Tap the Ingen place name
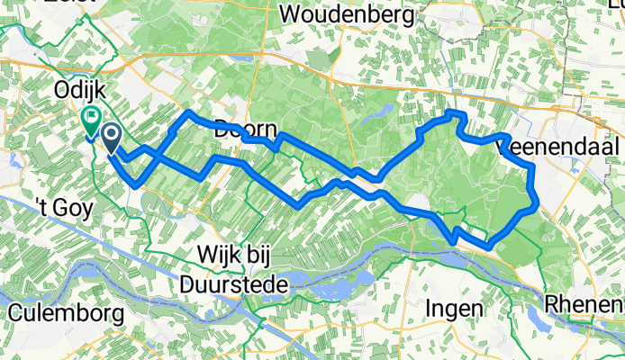(x=454, y=310)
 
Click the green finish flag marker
(x=91, y=118)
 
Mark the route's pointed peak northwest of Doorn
(x=188, y=112)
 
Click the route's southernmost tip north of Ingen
(x=487, y=245)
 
